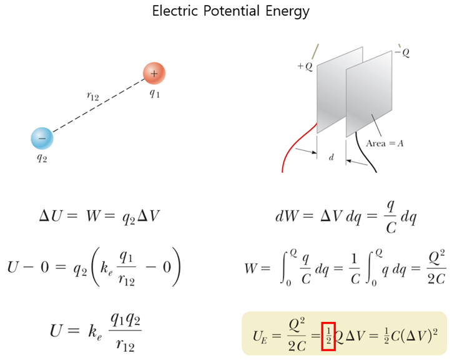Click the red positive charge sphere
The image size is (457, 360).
154,74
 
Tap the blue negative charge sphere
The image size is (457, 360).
42,138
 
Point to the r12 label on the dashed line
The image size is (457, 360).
93,95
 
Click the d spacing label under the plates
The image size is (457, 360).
331,158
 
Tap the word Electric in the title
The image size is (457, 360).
174,11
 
